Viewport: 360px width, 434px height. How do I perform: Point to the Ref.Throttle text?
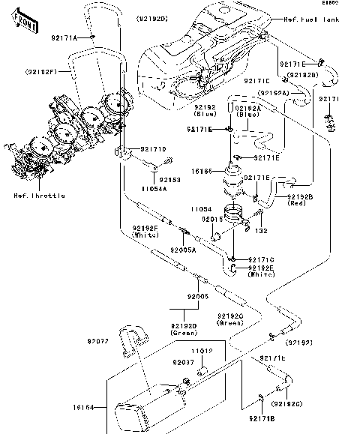click(x=39, y=196)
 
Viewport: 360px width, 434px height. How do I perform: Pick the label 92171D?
click(x=154, y=149)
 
